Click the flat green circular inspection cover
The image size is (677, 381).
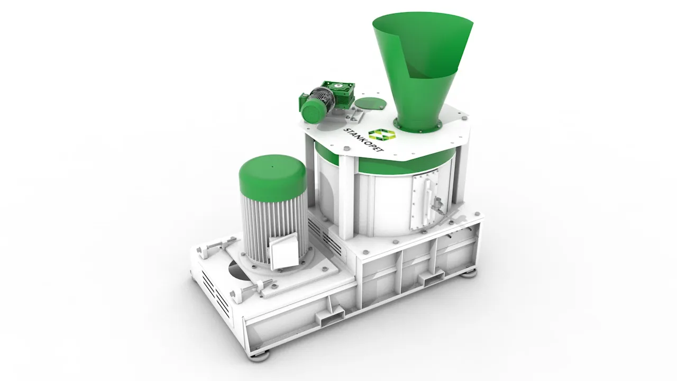coord(370,103)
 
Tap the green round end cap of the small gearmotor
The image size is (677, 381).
coord(313,111)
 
